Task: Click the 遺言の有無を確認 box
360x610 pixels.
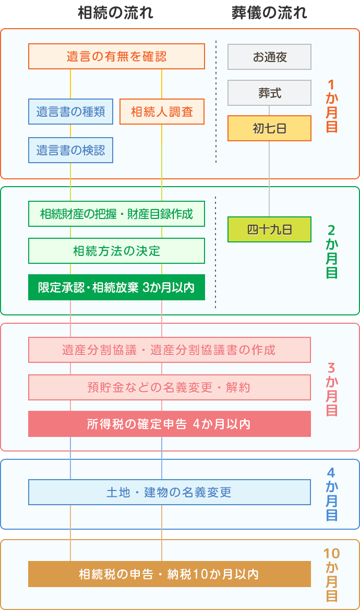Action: pyautogui.click(x=116, y=56)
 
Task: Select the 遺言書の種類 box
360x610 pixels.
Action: pyautogui.click(x=70, y=112)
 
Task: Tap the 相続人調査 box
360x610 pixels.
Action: pyautogui.click(x=162, y=112)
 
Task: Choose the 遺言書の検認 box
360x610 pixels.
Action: pyautogui.click(x=70, y=150)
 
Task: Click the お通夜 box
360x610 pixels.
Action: pyautogui.click(x=269, y=57)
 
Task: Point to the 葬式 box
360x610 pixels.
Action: pyautogui.click(x=269, y=93)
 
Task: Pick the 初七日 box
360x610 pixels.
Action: pyautogui.click(x=269, y=128)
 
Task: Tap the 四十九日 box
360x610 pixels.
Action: pyautogui.click(x=269, y=229)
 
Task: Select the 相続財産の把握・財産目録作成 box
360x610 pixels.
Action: pyautogui.click(x=116, y=214)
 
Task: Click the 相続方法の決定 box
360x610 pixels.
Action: pyautogui.click(x=116, y=251)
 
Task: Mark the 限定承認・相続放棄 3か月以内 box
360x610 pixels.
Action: pyautogui.click(x=116, y=287)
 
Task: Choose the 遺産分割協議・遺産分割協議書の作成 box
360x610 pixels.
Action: pyautogui.click(x=170, y=350)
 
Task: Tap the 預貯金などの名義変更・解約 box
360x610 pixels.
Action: pyautogui.click(x=170, y=387)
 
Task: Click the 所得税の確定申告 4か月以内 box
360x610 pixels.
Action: pyautogui.click(x=170, y=424)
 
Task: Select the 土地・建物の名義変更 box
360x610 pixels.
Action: pyautogui.click(x=170, y=492)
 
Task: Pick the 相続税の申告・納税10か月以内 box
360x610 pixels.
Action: pyautogui.click(x=170, y=574)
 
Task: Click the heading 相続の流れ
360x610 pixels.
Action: pyautogui.click(x=115, y=13)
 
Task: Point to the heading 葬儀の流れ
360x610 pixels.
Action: pyautogui.click(x=269, y=13)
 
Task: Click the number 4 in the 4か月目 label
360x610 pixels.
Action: pyautogui.click(x=331, y=473)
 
